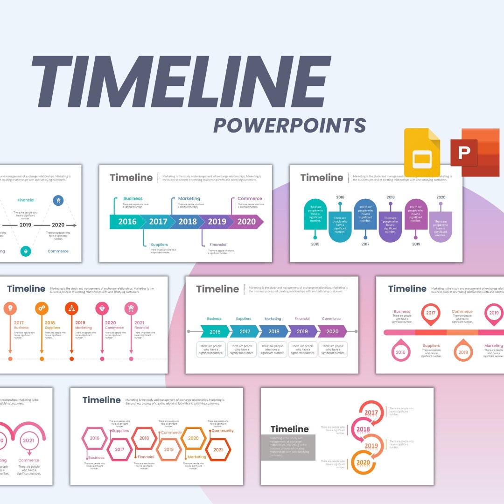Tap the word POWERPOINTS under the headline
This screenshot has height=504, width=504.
click(x=289, y=126)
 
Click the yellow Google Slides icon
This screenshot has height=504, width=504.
click(x=422, y=152)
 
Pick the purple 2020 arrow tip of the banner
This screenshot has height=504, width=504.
click(x=247, y=222)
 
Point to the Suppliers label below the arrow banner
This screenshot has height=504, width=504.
click(x=159, y=245)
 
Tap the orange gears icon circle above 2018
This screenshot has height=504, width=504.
click(x=42, y=308)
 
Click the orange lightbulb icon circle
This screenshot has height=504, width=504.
click(x=10, y=308)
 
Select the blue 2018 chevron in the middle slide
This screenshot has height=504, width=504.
click(x=273, y=331)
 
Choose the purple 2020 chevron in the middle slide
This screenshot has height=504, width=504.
click(x=332, y=331)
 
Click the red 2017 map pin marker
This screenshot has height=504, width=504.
click(x=430, y=314)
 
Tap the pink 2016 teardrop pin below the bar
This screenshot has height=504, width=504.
click(x=400, y=352)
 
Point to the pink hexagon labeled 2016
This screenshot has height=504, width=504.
click(x=95, y=438)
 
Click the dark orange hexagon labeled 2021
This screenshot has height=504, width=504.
click(x=218, y=450)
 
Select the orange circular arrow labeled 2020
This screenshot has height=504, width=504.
click(x=363, y=463)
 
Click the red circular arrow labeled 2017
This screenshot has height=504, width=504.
click(x=371, y=413)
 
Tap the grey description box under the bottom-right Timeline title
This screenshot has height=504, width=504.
click(x=288, y=447)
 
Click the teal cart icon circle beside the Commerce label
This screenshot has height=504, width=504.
click(x=26, y=251)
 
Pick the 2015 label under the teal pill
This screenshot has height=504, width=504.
click(x=315, y=244)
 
